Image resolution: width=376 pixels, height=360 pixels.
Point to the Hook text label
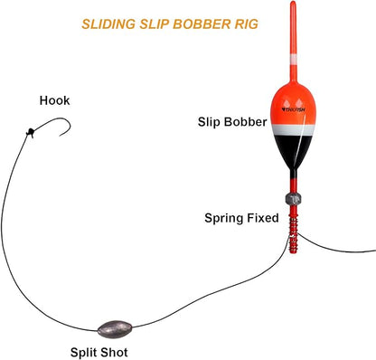[x=54, y=101]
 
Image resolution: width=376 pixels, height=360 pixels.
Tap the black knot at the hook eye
[x=31, y=133]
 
